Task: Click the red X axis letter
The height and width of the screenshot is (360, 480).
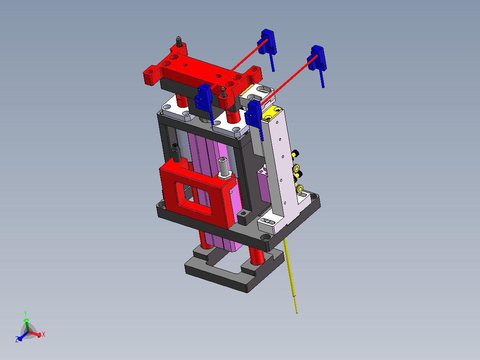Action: point(44,334)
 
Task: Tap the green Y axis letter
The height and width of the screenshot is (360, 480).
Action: point(25,313)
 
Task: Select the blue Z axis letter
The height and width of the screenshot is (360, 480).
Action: point(17,339)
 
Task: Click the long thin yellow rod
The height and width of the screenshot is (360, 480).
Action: point(290,275)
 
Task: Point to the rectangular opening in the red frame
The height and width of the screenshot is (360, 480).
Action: point(193,198)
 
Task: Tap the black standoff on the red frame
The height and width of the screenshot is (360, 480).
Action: point(176,153)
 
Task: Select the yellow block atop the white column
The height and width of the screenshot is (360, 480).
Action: point(272,113)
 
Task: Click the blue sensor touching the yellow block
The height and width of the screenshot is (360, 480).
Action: point(255,118)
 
